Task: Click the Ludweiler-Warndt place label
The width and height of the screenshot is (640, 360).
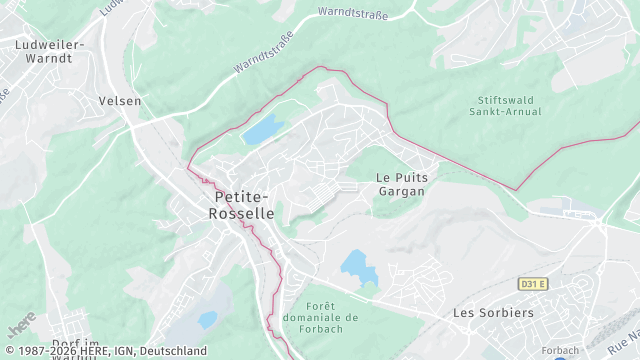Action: click(x=50, y=51)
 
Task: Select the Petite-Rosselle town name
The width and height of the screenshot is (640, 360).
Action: click(x=244, y=205)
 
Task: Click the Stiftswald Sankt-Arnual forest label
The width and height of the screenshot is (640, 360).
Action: click(x=505, y=105)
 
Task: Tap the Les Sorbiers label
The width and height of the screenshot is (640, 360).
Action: click(x=493, y=313)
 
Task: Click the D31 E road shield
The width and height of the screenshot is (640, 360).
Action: click(x=533, y=284)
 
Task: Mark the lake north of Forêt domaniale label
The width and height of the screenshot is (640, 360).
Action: click(x=355, y=264)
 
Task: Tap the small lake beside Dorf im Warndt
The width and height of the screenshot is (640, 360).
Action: click(x=207, y=320)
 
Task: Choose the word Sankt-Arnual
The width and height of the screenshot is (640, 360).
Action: click(x=505, y=112)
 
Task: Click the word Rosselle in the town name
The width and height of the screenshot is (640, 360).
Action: click(x=244, y=214)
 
